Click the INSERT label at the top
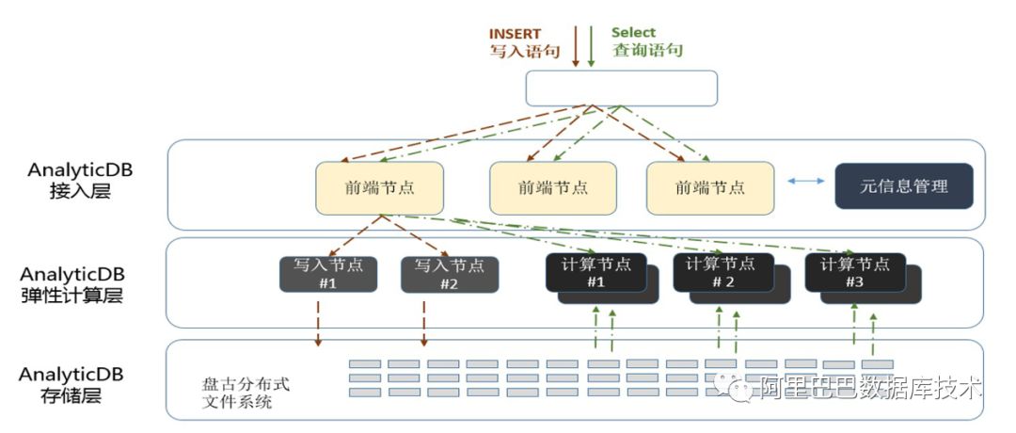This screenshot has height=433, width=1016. [515, 34]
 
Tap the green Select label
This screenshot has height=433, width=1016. [633, 33]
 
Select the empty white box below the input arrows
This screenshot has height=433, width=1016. [621, 88]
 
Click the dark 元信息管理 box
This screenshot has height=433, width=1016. [904, 186]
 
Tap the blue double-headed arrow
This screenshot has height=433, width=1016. [803, 182]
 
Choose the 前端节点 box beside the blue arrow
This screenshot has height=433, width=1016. [709, 187]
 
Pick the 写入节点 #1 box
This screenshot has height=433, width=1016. [328, 273]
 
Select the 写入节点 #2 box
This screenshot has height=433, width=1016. [450, 273]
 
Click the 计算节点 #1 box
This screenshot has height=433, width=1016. [595, 272]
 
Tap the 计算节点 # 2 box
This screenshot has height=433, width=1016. [722, 272]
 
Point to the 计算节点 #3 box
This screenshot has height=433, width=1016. [855, 272]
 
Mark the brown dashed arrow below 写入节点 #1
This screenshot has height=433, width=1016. [320, 322]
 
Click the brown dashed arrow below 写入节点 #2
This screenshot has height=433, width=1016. [424, 322]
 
